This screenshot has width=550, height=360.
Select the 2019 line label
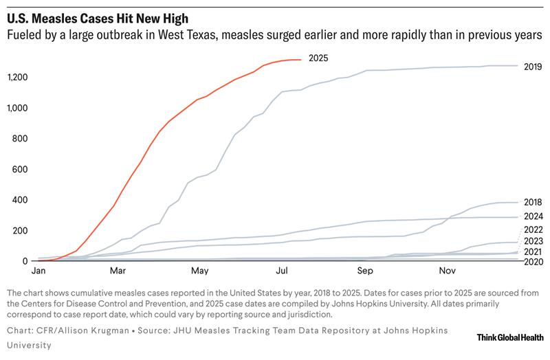coord(533,67)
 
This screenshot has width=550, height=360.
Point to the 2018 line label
coord(533,201)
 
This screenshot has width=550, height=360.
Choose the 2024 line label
coord(533,216)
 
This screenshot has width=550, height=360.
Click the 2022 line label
coord(533,229)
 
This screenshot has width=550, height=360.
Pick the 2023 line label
coord(533,241)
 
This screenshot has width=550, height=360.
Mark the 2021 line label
coord(533,252)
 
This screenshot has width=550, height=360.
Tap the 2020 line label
coord(533,262)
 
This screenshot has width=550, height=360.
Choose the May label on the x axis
coord(200,271)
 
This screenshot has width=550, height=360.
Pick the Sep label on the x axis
coord(364,271)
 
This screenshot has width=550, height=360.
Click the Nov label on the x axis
coord(447,271)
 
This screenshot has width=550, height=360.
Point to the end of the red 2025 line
coord(301,60)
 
